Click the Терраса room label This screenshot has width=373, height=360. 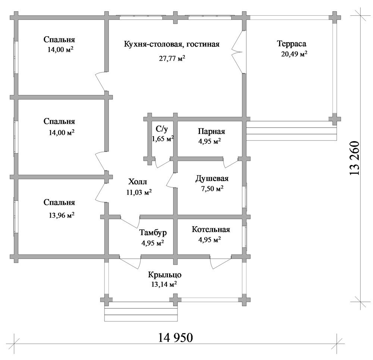pos(292,44)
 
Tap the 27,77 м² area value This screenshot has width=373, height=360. pos(172,58)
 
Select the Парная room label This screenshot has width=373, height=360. pos(211,131)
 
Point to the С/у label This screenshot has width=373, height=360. pos(162,129)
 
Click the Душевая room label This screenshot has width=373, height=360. pos(212,179)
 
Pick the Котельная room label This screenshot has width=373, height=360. pos(211,230)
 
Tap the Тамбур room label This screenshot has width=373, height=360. pos(153,232)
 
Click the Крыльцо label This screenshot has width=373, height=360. pos(164,275)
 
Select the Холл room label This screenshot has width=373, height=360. pos(138,182)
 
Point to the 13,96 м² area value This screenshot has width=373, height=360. pos(62,215)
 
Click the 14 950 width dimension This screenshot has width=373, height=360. pos(176,337)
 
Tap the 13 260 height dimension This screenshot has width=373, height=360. pos(354,158)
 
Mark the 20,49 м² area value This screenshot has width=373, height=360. pos(294,54)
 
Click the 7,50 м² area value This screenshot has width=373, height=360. pos(212,189)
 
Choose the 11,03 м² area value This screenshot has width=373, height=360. pos(139,192)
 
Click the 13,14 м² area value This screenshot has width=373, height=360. pos(164,284)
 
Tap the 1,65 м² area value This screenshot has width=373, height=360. pos(163,139)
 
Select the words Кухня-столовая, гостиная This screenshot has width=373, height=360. pos(172,44)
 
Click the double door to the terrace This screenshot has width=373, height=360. pos(238,52)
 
